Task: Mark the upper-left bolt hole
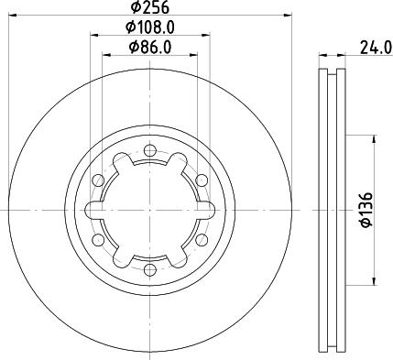[x=98, y=179]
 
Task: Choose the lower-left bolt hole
[x=98, y=239]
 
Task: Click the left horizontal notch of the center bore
[x=96, y=209]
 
